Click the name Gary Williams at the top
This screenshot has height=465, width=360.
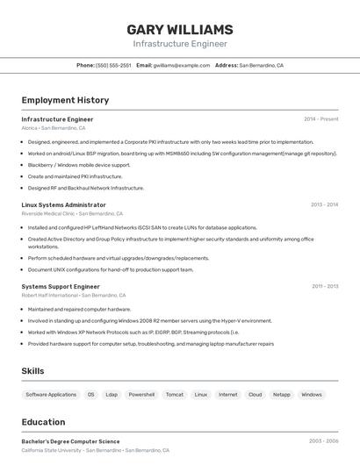(x=180, y=29)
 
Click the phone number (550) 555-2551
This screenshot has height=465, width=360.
(x=113, y=65)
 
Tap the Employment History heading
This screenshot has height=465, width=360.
(x=65, y=100)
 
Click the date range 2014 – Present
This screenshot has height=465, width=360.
(x=320, y=119)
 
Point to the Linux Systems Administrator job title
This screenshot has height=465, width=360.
(x=63, y=204)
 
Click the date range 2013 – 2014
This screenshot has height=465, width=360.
(x=324, y=204)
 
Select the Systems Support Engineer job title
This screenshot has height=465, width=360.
(x=61, y=286)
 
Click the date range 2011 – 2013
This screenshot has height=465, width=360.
(x=325, y=286)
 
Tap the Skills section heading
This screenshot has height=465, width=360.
(x=33, y=371)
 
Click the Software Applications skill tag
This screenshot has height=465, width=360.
(x=51, y=395)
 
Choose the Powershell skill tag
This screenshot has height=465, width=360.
(x=141, y=395)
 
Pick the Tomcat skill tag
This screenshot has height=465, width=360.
(x=175, y=395)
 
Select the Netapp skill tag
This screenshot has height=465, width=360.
(x=281, y=395)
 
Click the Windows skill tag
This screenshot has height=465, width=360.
(x=312, y=395)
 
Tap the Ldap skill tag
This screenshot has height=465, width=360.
(x=112, y=395)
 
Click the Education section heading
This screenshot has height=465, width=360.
(x=44, y=422)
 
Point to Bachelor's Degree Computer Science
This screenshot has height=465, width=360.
(x=70, y=441)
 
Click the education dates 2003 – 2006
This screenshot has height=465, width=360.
(x=323, y=441)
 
